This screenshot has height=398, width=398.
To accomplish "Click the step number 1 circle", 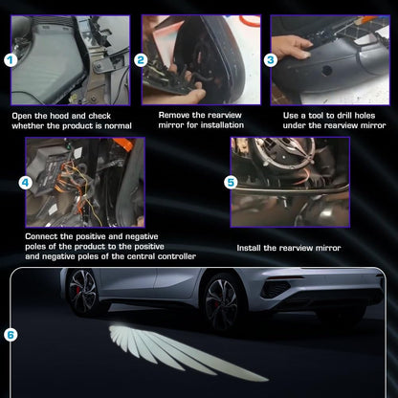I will click(x=11, y=59).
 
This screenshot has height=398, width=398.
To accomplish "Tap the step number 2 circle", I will click(x=141, y=59).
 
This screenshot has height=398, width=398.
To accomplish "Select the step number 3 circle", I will click(x=271, y=59).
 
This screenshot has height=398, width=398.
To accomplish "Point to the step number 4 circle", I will click(x=25, y=180).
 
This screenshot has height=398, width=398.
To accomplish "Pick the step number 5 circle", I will click(x=231, y=180).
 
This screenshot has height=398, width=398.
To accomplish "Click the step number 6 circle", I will click(x=11, y=335).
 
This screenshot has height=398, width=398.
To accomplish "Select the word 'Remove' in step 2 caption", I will click(x=173, y=116).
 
